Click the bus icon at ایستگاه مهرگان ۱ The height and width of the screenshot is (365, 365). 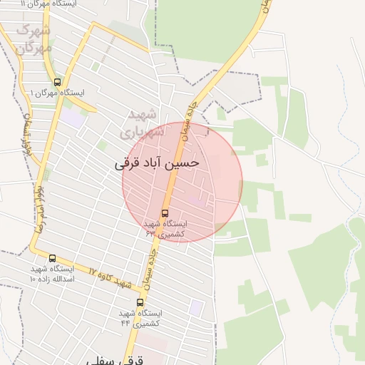tap(57, 81)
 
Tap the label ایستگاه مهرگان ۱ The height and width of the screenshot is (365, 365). tap(57, 93)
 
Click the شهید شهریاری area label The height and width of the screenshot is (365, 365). tap(142, 123)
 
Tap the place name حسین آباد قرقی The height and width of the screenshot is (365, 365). tap(157, 163)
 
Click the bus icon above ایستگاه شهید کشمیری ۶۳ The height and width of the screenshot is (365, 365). tap(165, 212)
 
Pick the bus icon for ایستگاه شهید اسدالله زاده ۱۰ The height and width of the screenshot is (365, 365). tap(52, 258)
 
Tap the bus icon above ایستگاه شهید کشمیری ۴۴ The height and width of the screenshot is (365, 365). tap(140, 302)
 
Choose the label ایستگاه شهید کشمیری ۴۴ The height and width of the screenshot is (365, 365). tap(140, 318)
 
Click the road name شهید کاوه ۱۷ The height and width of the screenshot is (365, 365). tap(110, 278)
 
